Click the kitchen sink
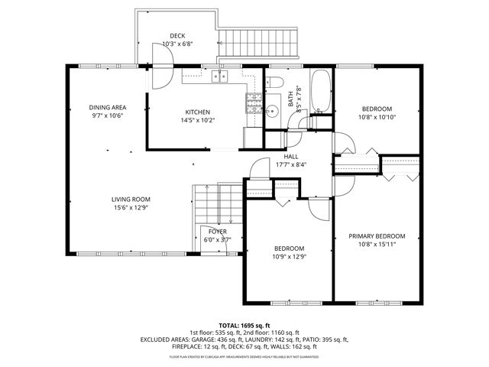221,75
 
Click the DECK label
177,36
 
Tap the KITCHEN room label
196,112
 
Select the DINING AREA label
108,107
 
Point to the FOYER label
218,231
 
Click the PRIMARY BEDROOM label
377,236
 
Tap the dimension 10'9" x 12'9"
290,257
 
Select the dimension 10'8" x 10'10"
376,117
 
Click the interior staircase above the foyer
216,203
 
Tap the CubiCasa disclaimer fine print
245,356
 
